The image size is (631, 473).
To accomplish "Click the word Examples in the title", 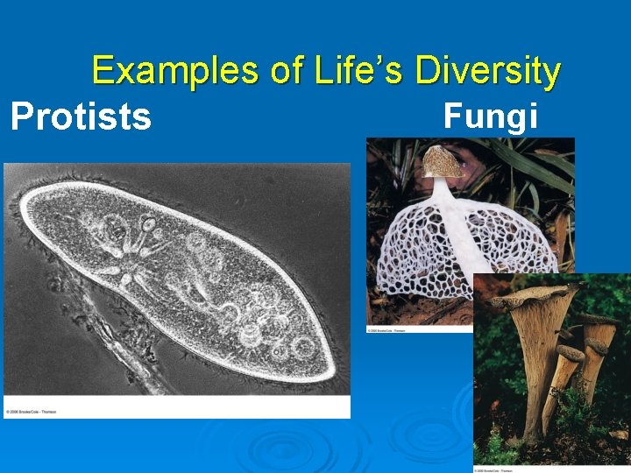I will (175, 71).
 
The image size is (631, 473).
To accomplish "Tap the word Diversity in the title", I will (488, 71).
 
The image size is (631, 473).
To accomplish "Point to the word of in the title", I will (287, 71).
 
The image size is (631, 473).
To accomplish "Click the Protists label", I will (81, 116).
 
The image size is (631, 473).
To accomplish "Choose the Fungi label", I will (490, 115).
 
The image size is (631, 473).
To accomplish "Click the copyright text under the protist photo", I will (32, 411).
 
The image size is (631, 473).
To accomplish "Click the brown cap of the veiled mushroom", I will (443, 162).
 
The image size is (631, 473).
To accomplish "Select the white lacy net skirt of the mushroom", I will (412, 254).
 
